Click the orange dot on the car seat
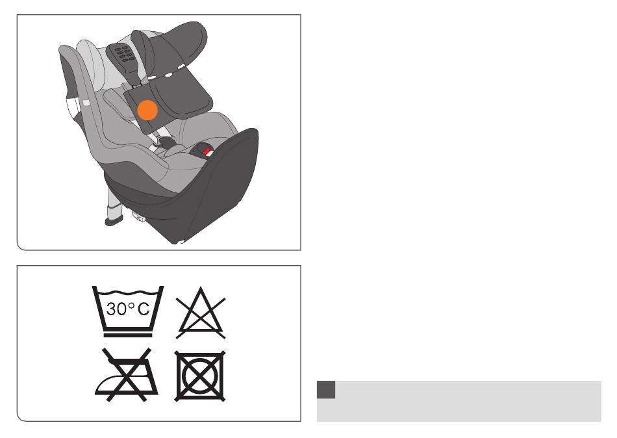click(147, 110)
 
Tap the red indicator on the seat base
click(206, 151)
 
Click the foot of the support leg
click(114, 220)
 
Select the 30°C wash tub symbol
click(128, 311)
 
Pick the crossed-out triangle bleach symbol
click(201, 313)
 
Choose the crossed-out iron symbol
click(127, 374)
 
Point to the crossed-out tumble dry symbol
click(200, 376)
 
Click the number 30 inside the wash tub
click(116, 309)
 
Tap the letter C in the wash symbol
click(144, 309)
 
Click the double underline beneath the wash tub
click(128, 335)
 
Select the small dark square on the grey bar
click(326, 389)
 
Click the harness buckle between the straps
click(164, 142)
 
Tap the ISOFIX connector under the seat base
click(138, 216)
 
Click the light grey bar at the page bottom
click(459, 401)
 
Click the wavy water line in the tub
click(128, 292)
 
